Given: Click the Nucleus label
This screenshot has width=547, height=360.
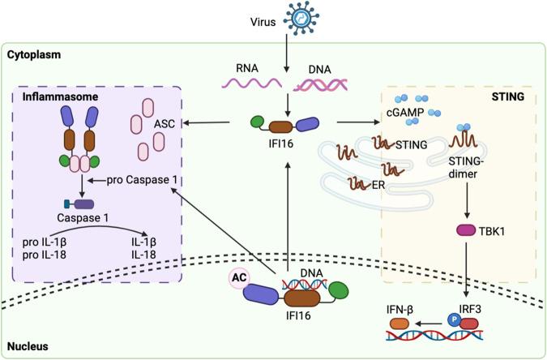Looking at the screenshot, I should point(28,345).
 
